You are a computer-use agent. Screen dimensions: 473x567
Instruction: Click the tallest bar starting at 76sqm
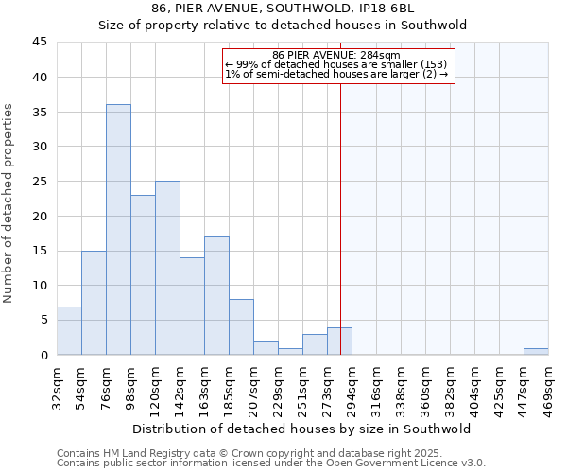pos(118,230)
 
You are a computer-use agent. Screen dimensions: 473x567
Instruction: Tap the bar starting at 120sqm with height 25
pos(167,268)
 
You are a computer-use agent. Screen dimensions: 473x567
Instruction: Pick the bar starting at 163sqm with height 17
pos(216,295)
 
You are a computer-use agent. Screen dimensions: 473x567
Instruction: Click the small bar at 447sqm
pos(536,352)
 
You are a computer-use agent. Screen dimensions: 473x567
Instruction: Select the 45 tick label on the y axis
pos(40,43)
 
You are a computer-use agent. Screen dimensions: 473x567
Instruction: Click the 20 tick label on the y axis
pos(40,216)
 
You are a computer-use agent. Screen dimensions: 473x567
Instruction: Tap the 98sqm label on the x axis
pos(131,386)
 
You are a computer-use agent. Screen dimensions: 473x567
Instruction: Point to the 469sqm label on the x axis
pos(549,386)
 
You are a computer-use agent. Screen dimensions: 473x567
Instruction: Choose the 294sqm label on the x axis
pos(352,386)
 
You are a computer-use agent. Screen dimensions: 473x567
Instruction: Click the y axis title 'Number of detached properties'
pos(9,203)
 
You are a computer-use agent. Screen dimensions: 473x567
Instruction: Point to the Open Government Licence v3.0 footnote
pos(271,464)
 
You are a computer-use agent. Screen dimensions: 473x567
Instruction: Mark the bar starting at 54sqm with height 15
pos(94,303)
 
